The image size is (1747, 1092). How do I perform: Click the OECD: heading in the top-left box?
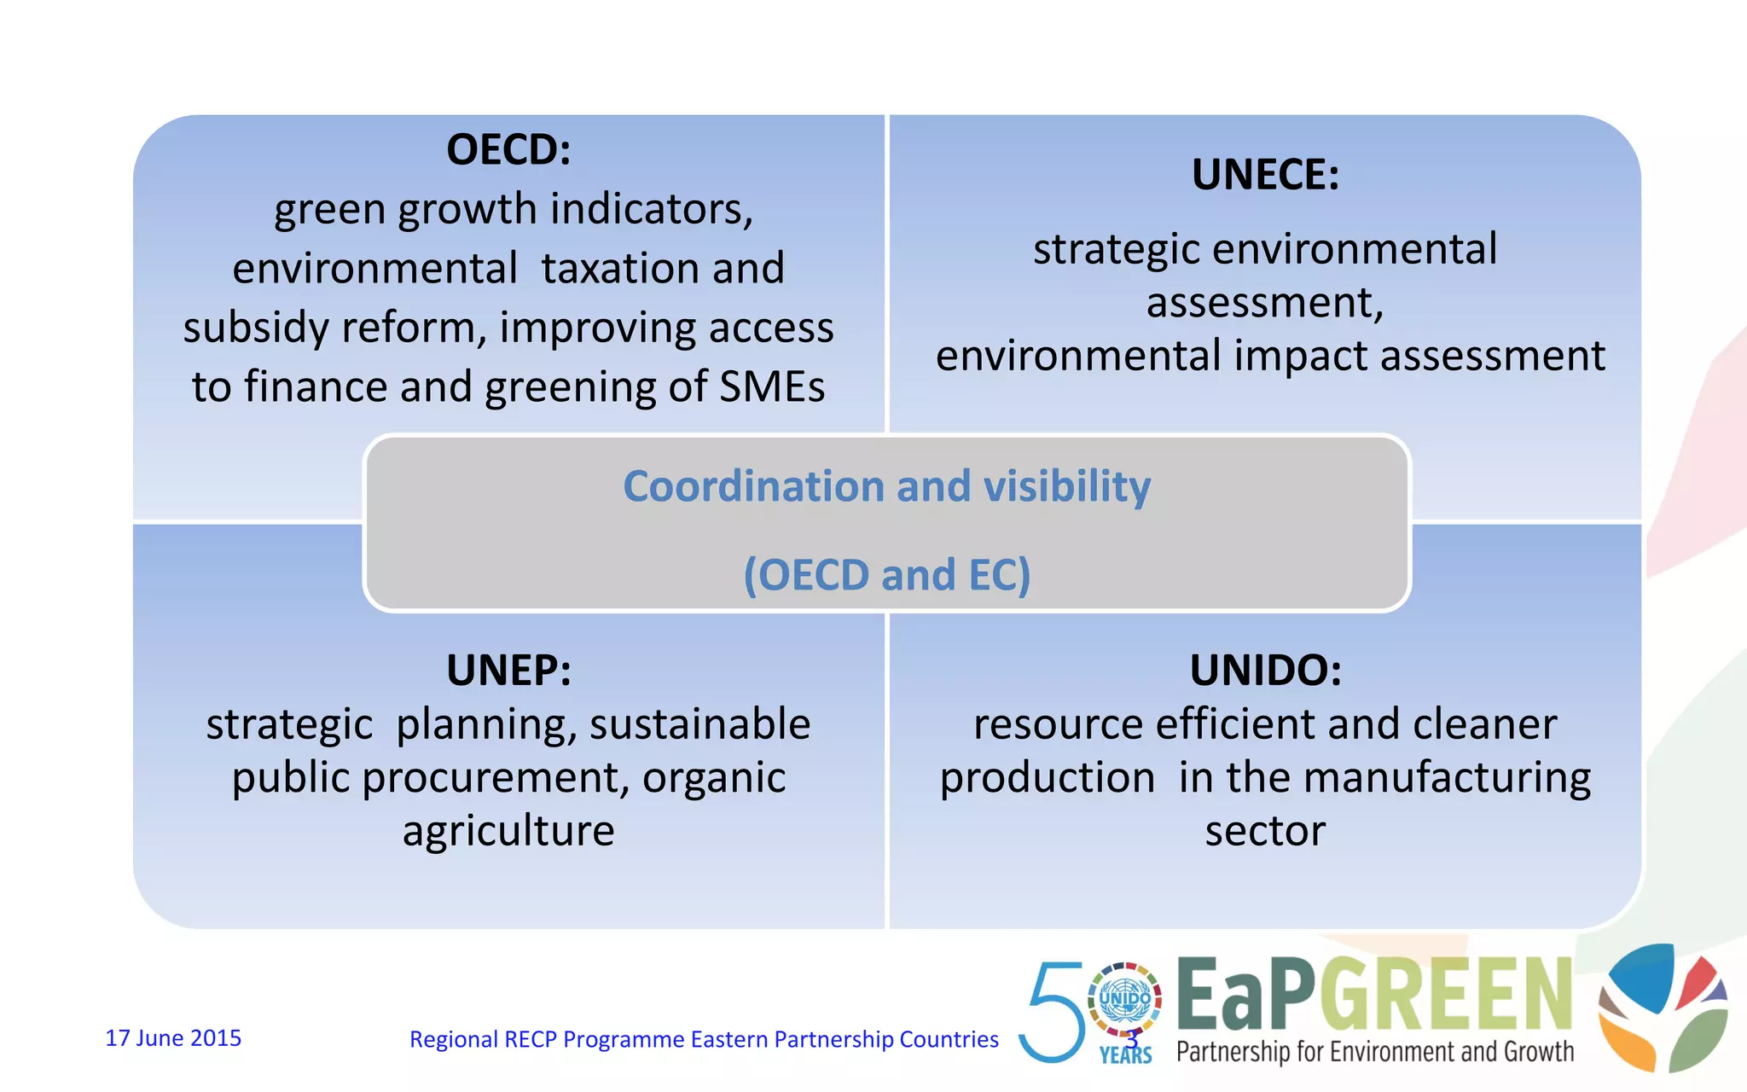(508, 150)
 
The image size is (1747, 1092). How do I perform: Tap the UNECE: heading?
(1265, 175)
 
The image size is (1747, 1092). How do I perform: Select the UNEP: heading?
(508, 671)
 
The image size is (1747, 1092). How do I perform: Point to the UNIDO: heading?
(1265, 671)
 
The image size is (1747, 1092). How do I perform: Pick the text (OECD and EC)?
(887, 574)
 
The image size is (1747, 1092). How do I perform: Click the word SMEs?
(772, 386)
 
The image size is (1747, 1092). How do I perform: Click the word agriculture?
(508, 831)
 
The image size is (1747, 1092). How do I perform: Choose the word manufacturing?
(1447, 778)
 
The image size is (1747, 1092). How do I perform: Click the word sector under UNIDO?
(1265, 831)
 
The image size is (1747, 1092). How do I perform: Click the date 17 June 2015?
(173, 1038)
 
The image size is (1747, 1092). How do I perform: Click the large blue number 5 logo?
(1053, 1012)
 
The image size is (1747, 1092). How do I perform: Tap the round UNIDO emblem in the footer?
(1125, 999)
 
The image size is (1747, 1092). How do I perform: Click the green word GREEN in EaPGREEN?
(1450, 995)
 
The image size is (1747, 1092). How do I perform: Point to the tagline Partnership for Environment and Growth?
(1375, 1052)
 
